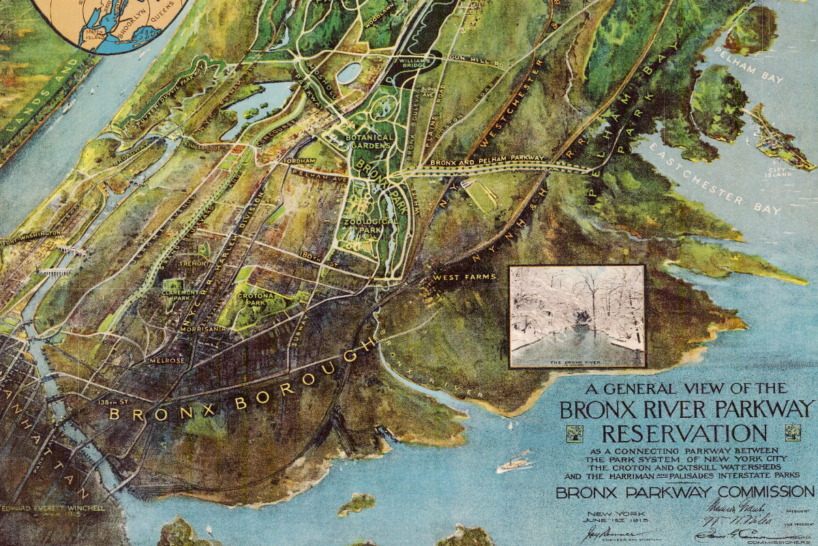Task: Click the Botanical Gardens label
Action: (369, 142)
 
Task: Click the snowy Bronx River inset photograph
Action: (577, 316)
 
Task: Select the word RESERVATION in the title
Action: (683, 434)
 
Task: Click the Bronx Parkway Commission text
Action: (684, 492)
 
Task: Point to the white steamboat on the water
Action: (515, 465)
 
